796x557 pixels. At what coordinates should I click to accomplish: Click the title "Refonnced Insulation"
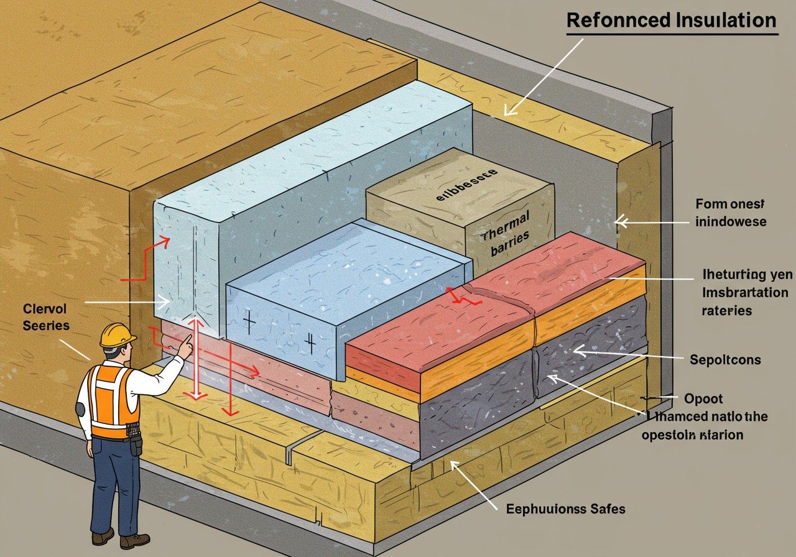click(672, 20)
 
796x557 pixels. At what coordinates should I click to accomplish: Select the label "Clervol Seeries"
click(46, 316)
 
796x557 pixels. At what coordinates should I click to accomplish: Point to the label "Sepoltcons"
click(725, 359)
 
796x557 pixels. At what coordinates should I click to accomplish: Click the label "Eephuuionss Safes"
click(565, 509)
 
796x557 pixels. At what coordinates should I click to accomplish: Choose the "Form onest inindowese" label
click(731, 213)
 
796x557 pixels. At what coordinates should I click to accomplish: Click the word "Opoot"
click(703, 398)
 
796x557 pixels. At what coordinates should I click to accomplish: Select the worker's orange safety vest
click(112, 398)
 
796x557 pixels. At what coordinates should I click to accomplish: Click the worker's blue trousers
click(116, 479)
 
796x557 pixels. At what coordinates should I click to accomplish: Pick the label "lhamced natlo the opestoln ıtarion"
click(705, 426)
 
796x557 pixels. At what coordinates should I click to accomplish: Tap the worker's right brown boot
click(134, 540)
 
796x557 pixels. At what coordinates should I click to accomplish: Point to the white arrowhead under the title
click(510, 110)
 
